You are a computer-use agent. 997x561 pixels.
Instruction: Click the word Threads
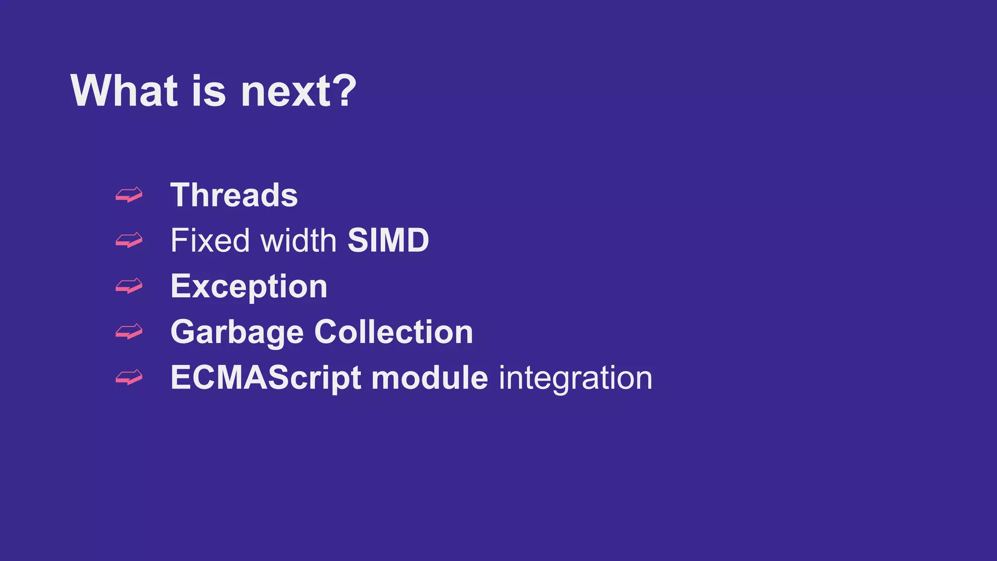234,195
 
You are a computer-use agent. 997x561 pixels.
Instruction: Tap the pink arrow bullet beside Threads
129,195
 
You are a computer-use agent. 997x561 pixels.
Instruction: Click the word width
298,241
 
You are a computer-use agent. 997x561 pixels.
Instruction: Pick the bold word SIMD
388,241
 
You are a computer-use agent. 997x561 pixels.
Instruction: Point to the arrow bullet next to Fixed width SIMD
129,240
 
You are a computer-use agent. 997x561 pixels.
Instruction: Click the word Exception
249,286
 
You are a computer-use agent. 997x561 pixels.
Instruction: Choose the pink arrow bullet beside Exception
129,286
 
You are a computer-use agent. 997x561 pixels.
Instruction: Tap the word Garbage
237,333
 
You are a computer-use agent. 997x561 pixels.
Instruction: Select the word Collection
393,332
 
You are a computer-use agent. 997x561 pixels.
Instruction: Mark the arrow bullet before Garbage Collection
129,332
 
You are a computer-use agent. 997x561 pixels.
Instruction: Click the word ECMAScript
266,378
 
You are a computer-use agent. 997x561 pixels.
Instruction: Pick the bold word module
429,378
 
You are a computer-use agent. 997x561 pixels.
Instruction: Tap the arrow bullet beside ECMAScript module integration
129,377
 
